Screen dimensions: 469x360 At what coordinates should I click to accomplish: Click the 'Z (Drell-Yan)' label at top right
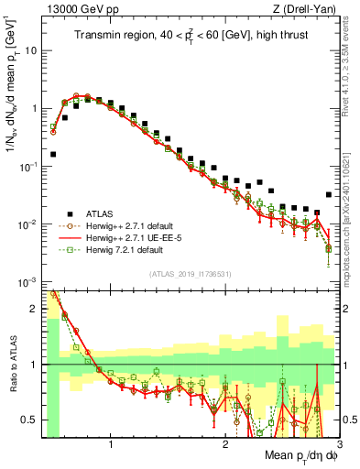coord(308,9)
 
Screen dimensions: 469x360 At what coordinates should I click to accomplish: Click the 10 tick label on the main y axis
coord(30,49)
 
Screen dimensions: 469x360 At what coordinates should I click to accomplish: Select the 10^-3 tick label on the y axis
coord(27,282)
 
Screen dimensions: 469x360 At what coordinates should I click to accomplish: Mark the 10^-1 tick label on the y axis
coord(27,166)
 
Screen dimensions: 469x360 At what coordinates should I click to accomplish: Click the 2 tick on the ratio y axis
coord(33,309)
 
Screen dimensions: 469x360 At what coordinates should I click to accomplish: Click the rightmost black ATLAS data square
coord(329,194)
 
